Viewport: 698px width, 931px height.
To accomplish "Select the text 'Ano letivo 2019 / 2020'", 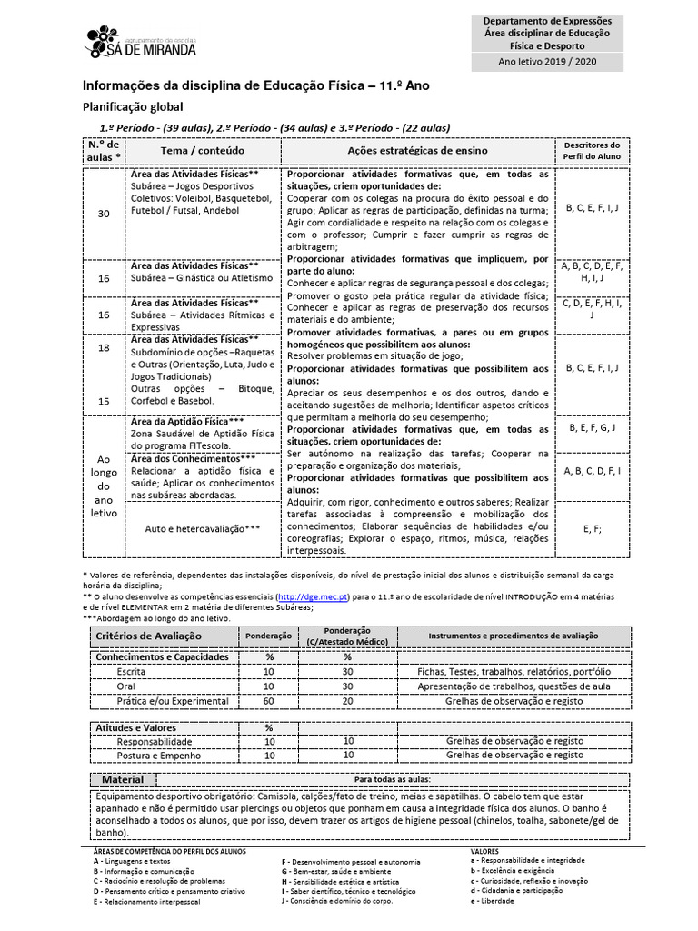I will pos(546,62).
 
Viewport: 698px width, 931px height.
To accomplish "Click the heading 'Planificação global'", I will pos(133,106).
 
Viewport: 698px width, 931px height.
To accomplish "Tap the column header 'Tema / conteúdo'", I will pos(202,150).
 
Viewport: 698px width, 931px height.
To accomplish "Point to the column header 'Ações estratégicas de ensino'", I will pos(417,150).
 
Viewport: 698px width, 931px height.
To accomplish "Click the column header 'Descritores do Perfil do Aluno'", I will pos(592,150).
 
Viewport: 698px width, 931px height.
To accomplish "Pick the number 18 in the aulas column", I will pos(104,348).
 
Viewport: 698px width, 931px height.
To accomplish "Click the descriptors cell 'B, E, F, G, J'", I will pos(592,427).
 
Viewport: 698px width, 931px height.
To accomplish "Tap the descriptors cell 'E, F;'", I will pos(592,528).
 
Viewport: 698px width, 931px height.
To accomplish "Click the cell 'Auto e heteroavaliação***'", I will pos(203,528).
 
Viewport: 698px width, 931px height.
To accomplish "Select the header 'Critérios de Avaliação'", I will pos(149,636).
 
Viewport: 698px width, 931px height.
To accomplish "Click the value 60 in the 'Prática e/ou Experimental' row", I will pos(269,702).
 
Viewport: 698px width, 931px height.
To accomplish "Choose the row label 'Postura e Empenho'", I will pos(156,755).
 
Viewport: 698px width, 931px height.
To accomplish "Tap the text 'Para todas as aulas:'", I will pos(392,780).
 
